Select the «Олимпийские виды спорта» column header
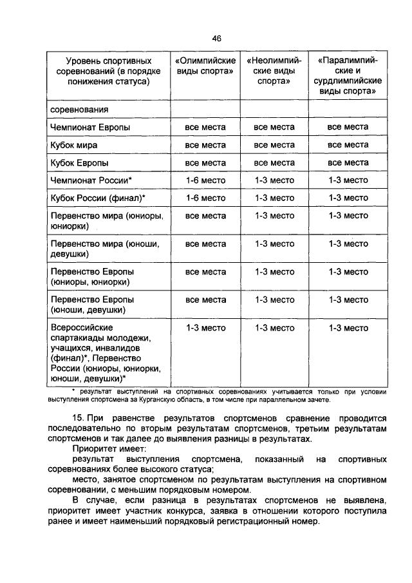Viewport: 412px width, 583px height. [205, 65]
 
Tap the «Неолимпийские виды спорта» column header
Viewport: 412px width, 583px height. [274, 71]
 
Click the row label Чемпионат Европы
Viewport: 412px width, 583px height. [90, 128]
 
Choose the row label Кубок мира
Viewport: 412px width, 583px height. [74, 145]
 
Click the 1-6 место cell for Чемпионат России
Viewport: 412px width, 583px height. [205, 180]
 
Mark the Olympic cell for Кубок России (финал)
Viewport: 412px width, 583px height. [205, 198]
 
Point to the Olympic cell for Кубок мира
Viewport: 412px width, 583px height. [205, 145]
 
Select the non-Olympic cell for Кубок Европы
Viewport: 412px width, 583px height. [274, 162]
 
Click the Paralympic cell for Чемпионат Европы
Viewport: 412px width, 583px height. [348, 128]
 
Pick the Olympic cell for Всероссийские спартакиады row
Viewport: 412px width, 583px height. [205, 328]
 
